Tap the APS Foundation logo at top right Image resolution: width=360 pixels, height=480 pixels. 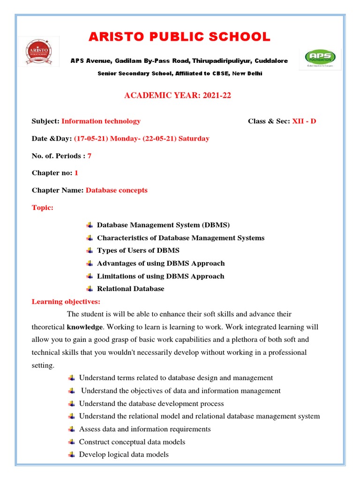click(x=320, y=59)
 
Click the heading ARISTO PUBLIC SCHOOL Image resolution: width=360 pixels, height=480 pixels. click(x=180, y=37)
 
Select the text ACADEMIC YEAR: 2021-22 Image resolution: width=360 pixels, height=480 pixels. click(x=178, y=96)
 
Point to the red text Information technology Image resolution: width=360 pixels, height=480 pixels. click(x=101, y=121)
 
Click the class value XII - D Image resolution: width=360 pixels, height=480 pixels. click(x=304, y=121)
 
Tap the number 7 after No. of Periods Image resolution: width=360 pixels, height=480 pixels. click(x=89, y=156)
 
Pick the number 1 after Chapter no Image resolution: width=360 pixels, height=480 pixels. click(x=76, y=173)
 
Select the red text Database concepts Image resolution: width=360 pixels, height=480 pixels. click(x=116, y=190)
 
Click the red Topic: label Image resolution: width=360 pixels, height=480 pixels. click(x=43, y=208)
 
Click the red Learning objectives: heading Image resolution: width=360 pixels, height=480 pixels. click(x=66, y=301)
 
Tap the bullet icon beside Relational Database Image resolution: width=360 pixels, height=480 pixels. click(x=90, y=289)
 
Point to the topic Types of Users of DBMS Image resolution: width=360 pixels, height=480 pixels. click(x=138, y=250)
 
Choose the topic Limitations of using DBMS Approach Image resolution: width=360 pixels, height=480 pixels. click(x=160, y=276)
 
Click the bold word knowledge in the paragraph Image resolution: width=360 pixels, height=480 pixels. click(x=84, y=327)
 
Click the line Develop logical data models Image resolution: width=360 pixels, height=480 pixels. click(x=124, y=454)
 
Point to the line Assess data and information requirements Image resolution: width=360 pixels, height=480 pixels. click(x=145, y=429)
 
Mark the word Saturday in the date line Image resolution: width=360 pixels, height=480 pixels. click(x=194, y=139)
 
